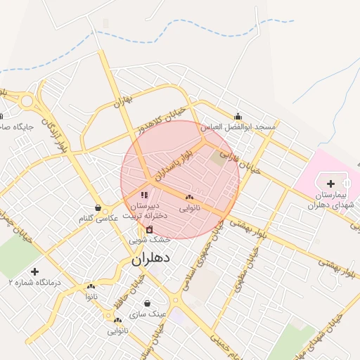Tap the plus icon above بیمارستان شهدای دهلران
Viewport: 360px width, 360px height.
pyautogui.click(x=331, y=184)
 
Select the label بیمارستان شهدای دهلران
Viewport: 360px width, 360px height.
pyautogui.click(x=328, y=199)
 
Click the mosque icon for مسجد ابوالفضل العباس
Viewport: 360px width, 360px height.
pyautogui.click(x=238, y=117)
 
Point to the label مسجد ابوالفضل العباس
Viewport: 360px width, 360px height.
pyautogui.click(x=238, y=127)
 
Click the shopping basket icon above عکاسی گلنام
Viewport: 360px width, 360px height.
pyautogui.click(x=98, y=208)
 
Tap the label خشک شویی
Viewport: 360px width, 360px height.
pyautogui.click(x=143, y=239)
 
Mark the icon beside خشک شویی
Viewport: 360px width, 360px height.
pyautogui.click(x=149, y=230)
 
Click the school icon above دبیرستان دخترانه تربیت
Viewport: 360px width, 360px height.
pyautogui.click(x=144, y=195)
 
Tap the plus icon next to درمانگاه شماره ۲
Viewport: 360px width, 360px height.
pyautogui.click(x=34, y=271)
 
